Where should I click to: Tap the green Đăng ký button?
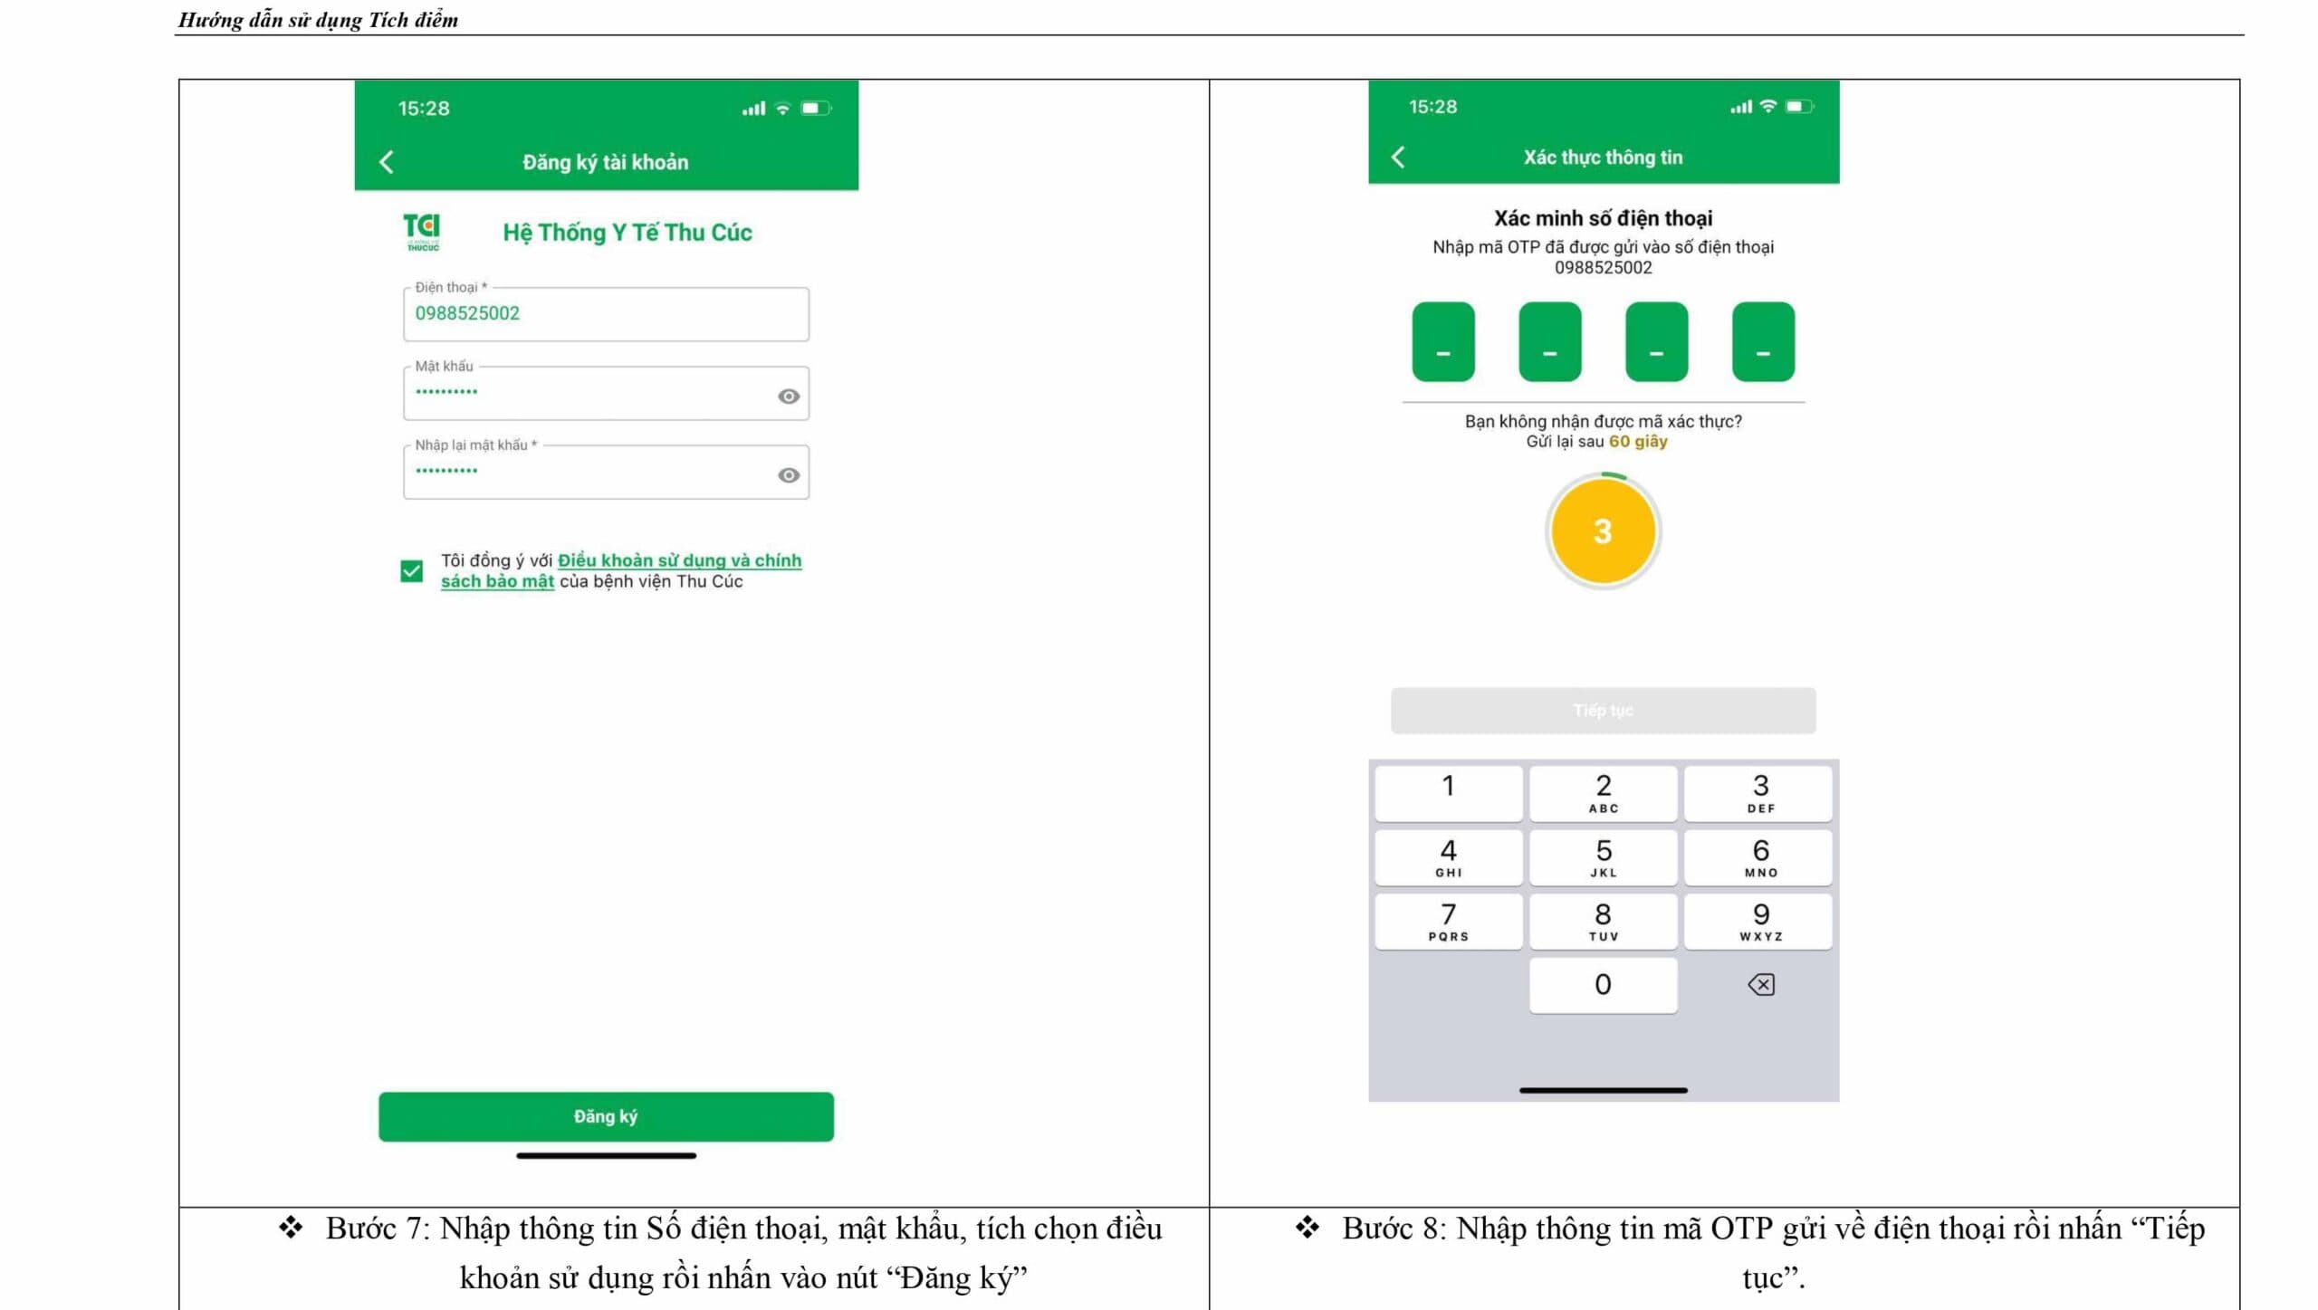coord(606,1116)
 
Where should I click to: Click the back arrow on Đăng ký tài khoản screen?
coord(387,162)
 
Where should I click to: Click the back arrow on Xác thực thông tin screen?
coord(1398,158)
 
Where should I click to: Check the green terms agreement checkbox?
coord(411,571)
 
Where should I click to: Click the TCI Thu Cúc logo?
coord(422,232)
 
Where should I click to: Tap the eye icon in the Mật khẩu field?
coord(789,397)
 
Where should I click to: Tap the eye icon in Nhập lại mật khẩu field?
coord(789,475)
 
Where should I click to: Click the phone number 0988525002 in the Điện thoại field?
coord(467,313)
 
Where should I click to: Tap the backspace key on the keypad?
coord(1760,984)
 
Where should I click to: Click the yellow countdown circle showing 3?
coord(1603,531)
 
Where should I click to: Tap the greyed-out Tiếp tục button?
coord(1603,711)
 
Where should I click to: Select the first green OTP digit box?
coord(1443,342)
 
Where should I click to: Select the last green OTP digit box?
coord(1763,342)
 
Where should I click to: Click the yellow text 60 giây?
coord(1638,442)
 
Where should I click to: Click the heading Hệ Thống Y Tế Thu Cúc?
coord(627,233)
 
